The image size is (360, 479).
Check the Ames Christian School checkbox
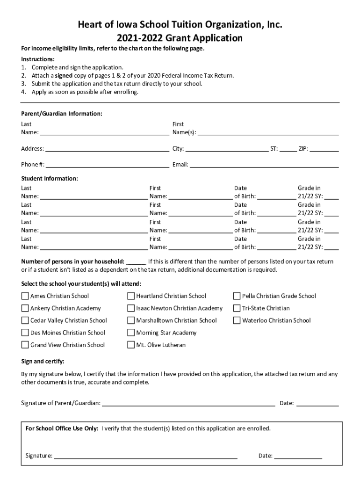pyautogui.click(x=25, y=296)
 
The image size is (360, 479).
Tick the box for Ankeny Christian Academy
pyautogui.click(x=25, y=308)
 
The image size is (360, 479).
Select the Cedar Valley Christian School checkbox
pyautogui.click(x=25, y=320)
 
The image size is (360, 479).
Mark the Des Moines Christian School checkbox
pyautogui.click(x=25, y=333)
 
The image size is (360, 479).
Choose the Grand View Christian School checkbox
pyautogui.click(x=25, y=345)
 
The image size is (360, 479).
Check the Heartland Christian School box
pyautogui.click(x=131, y=296)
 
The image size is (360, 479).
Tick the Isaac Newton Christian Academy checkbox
pyautogui.click(x=131, y=308)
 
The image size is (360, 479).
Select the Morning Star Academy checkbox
pyautogui.click(x=131, y=333)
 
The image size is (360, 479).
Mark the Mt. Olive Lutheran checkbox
pyautogui.click(x=131, y=345)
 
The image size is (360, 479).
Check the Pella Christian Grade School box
pyautogui.click(x=237, y=296)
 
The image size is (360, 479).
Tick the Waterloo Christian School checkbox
pyautogui.click(x=237, y=320)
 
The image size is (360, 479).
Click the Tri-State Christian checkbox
pyautogui.click(x=237, y=308)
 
